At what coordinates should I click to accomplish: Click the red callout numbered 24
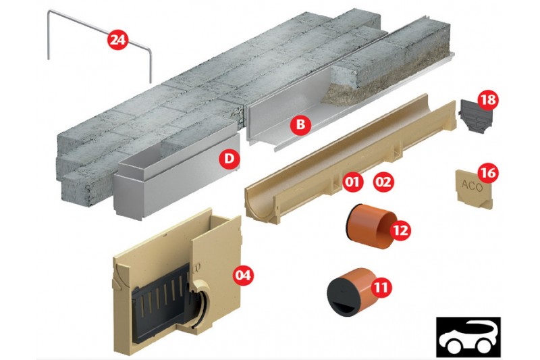click(x=117, y=40)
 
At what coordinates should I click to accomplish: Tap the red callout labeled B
click(x=300, y=124)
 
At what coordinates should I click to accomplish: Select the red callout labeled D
click(x=229, y=159)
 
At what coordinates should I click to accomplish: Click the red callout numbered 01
click(x=352, y=181)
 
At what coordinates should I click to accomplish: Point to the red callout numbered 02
click(x=383, y=181)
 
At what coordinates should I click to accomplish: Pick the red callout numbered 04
click(x=243, y=276)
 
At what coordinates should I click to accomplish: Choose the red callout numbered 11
click(x=381, y=287)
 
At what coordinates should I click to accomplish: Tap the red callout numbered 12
click(x=400, y=230)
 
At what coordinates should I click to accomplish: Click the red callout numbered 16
click(x=488, y=173)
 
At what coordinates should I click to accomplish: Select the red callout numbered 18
click(x=488, y=100)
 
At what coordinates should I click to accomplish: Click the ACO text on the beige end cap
click(x=472, y=186)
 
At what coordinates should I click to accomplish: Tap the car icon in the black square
click(x=468, y=337)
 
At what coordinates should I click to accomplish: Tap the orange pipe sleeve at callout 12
click(x=370, y=226)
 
